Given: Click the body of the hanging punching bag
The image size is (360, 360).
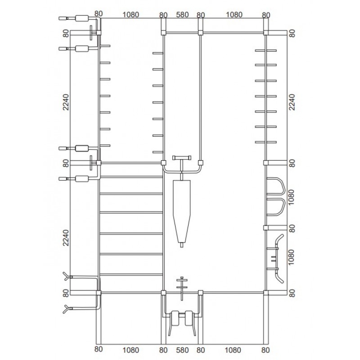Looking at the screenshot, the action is tap(182, 211).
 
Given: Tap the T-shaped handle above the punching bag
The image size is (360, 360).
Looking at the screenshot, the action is tap(182, 158).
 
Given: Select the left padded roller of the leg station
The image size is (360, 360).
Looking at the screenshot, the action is tap(175, 318).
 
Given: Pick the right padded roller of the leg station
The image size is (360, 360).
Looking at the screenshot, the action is tap(189, 318).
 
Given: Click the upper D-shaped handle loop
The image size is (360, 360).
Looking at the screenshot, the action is tap(283, 185).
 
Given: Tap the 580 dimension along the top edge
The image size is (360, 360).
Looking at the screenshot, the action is tap(182, 15).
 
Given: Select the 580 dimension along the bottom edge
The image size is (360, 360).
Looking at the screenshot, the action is tap(182, 350).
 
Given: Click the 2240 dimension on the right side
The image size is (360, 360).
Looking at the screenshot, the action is tap(292, 102).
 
